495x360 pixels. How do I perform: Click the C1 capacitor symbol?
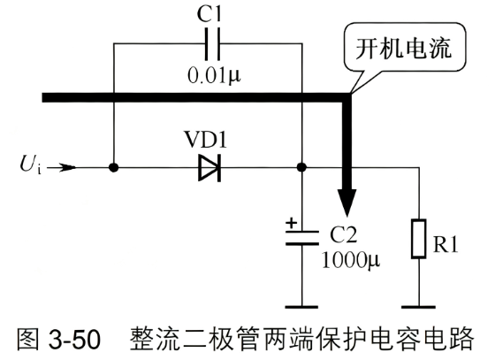click(212, 44)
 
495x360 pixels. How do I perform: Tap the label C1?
click(209, 13)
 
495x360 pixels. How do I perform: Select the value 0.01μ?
click(214, 76)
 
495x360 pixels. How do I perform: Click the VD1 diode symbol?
click(209, 168)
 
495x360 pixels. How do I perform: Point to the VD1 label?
click(206, 139)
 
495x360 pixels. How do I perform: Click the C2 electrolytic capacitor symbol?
click(302, 238)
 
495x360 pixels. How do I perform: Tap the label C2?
click(344, 234)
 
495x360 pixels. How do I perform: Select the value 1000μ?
click(351, 260)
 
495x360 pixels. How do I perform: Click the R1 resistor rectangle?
click(419, 239)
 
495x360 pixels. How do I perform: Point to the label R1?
click(445, 244)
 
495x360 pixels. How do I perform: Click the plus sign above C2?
click(292, 223)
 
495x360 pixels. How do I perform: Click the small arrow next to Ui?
click(62, 167)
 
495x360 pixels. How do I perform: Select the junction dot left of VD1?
click(114, 167)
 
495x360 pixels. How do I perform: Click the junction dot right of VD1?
click(302, 167)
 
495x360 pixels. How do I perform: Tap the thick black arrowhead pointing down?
click(346, 202)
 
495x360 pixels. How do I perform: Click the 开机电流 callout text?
click(404, 49)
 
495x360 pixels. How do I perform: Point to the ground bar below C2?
click(301, 307)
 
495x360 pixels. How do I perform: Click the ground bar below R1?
click(419, 307)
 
